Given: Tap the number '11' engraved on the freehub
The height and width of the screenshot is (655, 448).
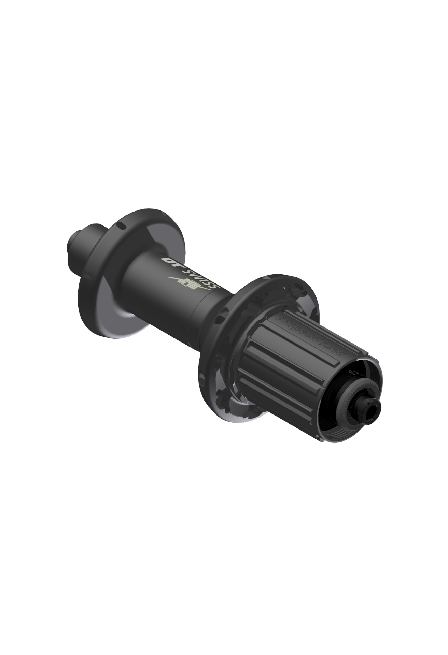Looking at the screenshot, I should (x=282, y=322).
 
